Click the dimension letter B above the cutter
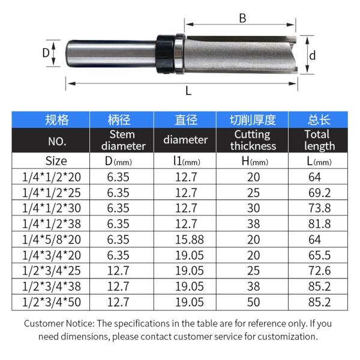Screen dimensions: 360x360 [x=242, y=19]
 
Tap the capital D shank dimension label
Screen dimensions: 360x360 [x=46, y=53]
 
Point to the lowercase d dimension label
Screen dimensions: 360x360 [x=312, y=56]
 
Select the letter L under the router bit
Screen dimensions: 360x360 [x=188, y=91]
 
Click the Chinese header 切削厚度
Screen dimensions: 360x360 [x=253, y=120]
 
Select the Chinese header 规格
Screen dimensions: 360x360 [x=56, y=120]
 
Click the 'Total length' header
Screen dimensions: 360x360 [x=319, y=140]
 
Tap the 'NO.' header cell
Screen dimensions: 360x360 [x=56, y=141]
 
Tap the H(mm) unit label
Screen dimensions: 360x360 [x=253, y=161]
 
